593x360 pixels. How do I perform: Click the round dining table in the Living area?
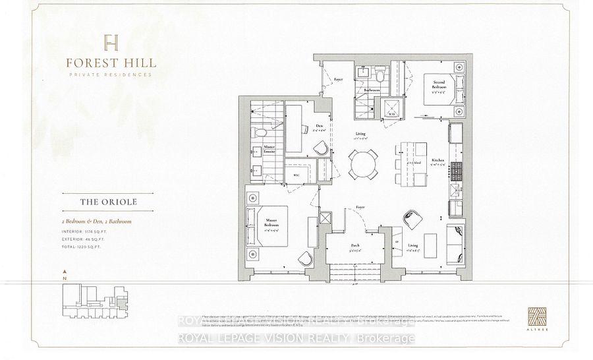[x=364, y=162]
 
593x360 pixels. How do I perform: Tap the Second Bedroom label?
[x=439, y=86]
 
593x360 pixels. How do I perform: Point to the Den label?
[x=319, y=125]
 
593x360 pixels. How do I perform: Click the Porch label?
[x=354, y=245]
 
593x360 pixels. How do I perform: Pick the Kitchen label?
[x=438, y=161]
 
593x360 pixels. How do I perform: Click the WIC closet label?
[x=296, y=175]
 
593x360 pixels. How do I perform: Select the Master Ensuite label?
[x=269, y=150]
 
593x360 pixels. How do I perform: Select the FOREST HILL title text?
[x=111, y=63]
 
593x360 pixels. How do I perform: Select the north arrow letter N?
[x=63, y=279]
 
